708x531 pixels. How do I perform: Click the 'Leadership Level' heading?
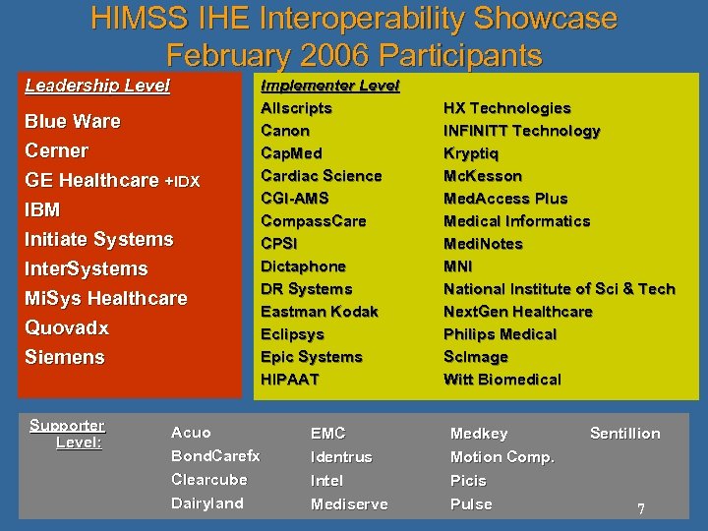coord(97,86)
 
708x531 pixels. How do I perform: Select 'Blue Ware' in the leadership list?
coord(73,121)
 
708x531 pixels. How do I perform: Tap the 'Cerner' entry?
coord(56,150)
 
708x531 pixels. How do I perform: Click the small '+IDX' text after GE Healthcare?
coord(182,182)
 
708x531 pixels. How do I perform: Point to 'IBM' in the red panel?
coord(42,209)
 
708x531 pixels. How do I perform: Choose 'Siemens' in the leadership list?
coord(65,357)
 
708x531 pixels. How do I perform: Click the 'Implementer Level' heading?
coord(329,86)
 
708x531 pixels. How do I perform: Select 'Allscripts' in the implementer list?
coord(296,108)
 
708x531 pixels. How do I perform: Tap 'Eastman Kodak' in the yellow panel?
coord(319,312)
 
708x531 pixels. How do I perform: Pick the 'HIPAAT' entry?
coord(289,380)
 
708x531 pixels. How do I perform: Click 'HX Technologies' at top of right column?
coord(506,108)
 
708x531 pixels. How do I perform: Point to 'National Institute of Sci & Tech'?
coord(559,289)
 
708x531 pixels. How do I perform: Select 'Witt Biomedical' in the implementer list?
coord(501,380)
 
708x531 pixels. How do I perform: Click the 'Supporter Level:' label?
coord(68,434)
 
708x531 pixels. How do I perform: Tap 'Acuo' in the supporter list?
coord(191,433)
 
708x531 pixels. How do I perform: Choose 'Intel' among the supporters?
coord(326,481)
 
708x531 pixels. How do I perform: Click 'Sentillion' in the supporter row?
coord(624,434)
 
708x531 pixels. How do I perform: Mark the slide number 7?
coord(640,509)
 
